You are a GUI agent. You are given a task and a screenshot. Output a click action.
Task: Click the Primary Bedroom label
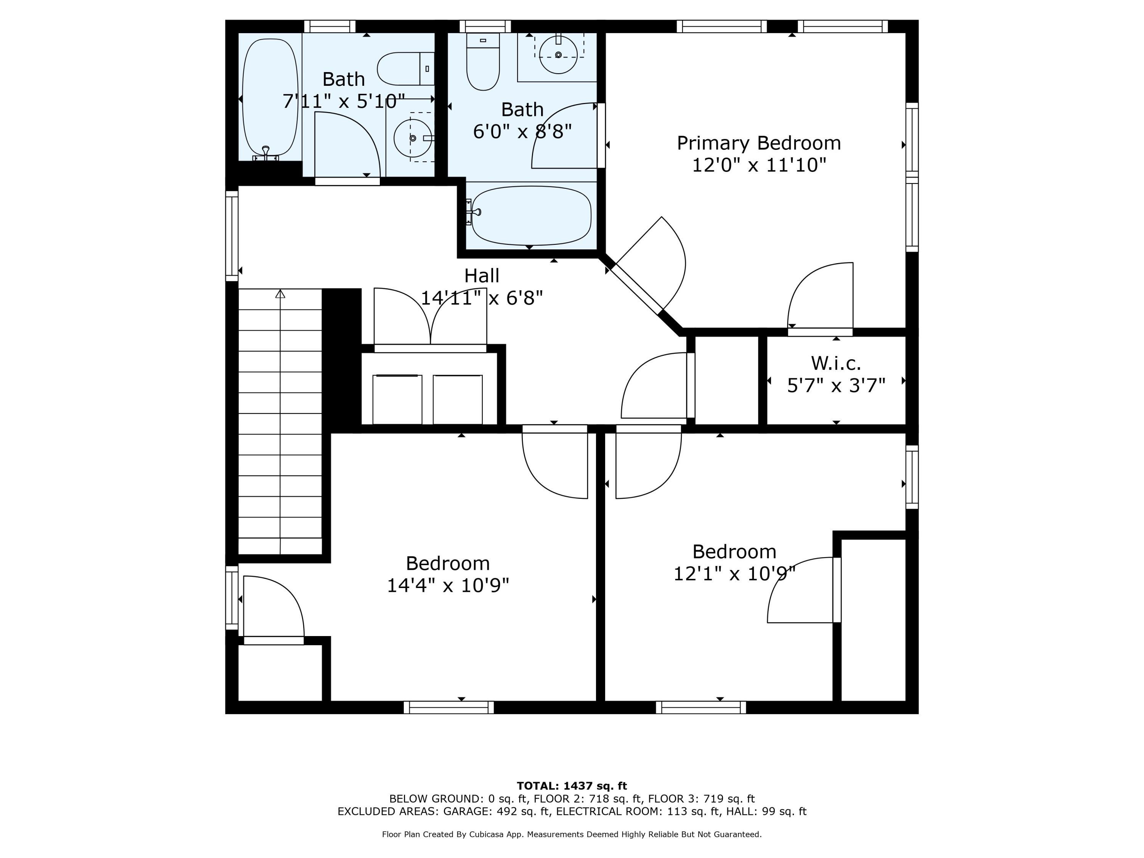(759, 143)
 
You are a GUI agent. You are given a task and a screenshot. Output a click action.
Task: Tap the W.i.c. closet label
(836, 363)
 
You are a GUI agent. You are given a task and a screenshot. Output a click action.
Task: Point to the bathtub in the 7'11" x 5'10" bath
(270, 98)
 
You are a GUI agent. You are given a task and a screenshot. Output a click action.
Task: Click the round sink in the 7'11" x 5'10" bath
(412, 138)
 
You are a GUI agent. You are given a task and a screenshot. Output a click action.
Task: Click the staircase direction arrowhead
(280, 294)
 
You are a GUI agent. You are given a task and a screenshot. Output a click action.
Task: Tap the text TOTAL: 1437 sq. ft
(572, 786)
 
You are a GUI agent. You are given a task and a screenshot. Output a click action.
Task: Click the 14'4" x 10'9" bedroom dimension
(448, 585)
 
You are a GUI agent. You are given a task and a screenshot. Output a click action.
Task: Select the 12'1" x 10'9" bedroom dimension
(734, 574)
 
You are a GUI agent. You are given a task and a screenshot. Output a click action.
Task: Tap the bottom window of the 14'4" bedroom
(448, 707)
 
